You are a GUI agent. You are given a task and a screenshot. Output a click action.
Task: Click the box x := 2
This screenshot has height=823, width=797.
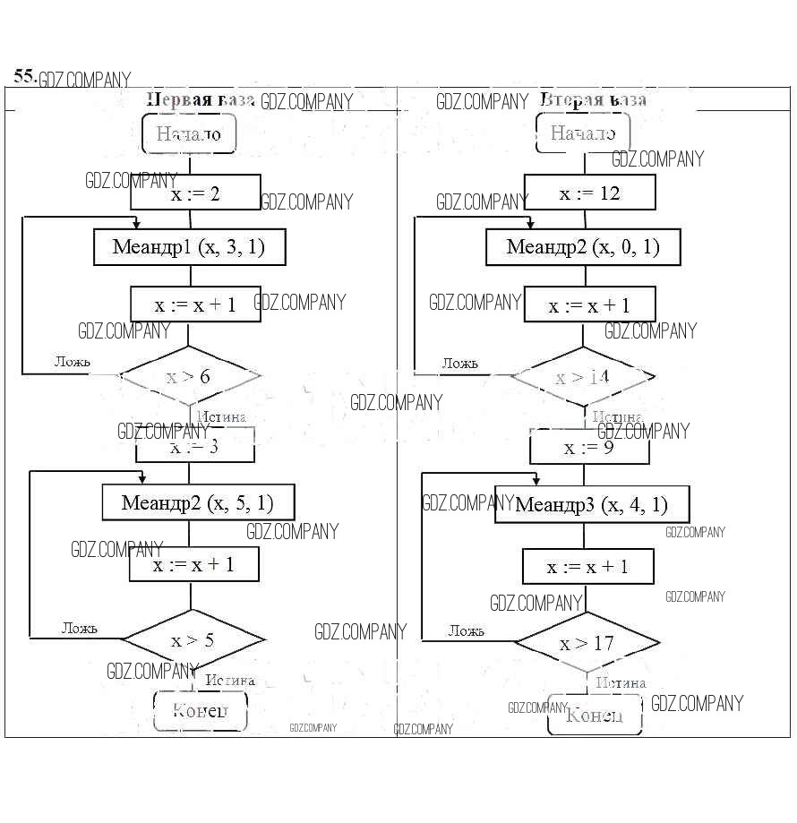pyautogui.click(x=195, y=193)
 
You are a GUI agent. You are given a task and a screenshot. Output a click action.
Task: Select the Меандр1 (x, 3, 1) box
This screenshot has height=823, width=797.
pyautogui.click(x=189, y=246)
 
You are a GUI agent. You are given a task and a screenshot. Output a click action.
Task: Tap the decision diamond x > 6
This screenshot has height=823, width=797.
pyautogui.click(x=189, y=376)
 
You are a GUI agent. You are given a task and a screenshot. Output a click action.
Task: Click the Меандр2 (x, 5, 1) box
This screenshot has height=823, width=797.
pyautogui.click(x=198, y=502)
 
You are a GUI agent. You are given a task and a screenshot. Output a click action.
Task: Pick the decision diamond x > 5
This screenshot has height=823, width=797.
pyautogui.click(x=193, y=639)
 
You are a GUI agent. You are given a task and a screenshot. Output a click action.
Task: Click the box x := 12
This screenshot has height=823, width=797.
pyautogui.click(x=589, y=193)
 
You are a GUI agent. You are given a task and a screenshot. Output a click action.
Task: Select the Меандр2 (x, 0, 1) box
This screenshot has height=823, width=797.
pyautogui.click(x=583, y=246)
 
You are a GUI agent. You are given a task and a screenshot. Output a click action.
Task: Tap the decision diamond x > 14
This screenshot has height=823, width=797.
pyautogui.click(x=582, y=377)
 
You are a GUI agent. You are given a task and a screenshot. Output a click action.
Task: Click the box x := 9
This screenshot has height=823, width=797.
pyautogui.click(x=589, y=447)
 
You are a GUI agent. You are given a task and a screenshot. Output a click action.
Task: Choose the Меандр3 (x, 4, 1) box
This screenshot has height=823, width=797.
pyautogui.click(x=592, y=504)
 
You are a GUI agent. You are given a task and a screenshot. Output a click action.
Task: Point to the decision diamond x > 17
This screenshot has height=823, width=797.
pyautogui.click(x=587, y=643)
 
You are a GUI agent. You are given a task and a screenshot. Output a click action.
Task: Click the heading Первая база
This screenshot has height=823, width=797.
pyautogui.click(x=201, y=99)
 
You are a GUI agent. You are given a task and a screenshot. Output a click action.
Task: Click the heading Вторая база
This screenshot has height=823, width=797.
pyautogui.click(x=593, y=99)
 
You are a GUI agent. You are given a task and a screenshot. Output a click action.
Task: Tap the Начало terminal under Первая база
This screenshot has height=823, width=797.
pyautogui.click(x=188, y=134)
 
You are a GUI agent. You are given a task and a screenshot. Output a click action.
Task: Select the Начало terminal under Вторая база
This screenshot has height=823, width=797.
pyautogui.click(x=582, y=133)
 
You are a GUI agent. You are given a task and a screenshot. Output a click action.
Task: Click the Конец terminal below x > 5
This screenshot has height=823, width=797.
pyautogui.click(x=199, y=711)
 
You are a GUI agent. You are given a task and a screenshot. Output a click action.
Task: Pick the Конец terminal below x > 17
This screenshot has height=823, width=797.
pyautogui.click(x=594, y=715)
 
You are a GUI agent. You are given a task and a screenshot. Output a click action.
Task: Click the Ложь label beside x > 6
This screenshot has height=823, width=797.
pyautogui.click(x=73, y=362)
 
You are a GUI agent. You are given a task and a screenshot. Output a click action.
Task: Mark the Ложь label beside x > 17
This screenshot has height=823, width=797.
pyautogui.click(x=466, y=630)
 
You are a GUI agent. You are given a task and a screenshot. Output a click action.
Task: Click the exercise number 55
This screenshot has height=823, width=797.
pyautogui.click(x=25, y=76)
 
